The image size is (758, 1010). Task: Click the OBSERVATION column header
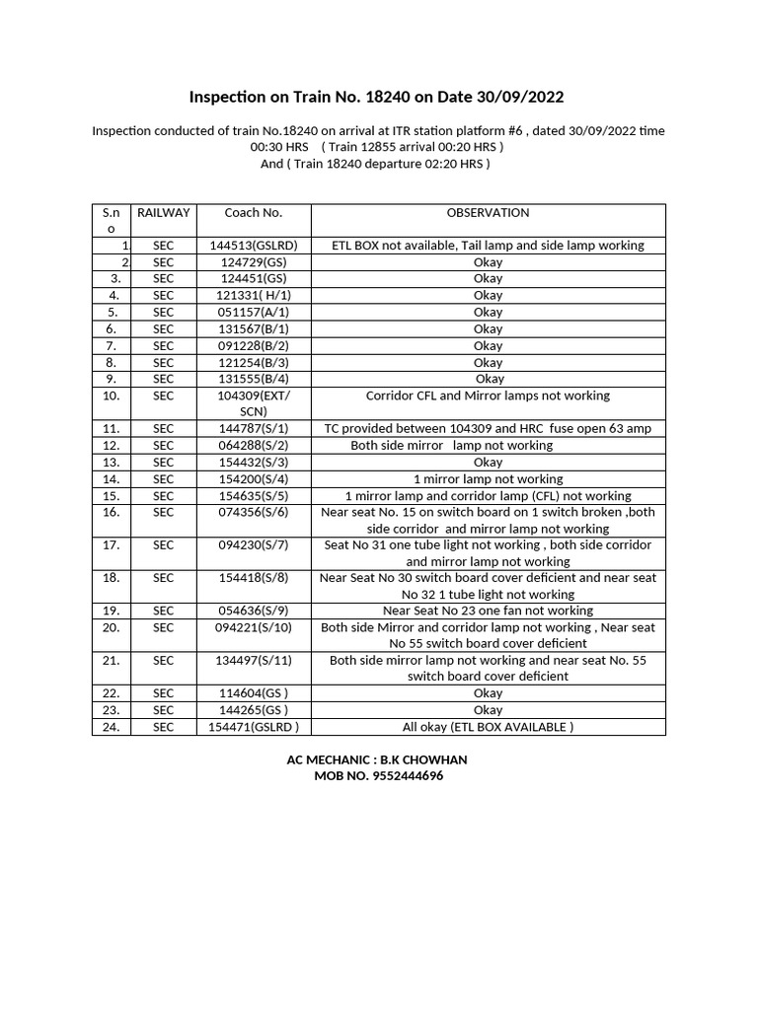(488, 213)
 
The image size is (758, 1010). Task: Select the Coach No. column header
(254, 213)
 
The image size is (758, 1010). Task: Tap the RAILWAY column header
(164, 213)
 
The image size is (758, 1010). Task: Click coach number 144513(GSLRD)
(254, 246)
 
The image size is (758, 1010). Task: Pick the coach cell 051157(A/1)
(254, 312)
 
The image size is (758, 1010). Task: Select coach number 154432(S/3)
(254, 463)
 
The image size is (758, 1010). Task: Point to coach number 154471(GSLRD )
(254, 727)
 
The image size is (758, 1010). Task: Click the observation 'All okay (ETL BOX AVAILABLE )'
(488, 727)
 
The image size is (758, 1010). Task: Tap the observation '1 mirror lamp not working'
(488, 479)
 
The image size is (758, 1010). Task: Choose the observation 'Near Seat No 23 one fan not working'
(488, 611)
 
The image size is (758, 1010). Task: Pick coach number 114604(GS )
(254, 693)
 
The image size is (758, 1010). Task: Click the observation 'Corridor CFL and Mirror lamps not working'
(488, 396)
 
